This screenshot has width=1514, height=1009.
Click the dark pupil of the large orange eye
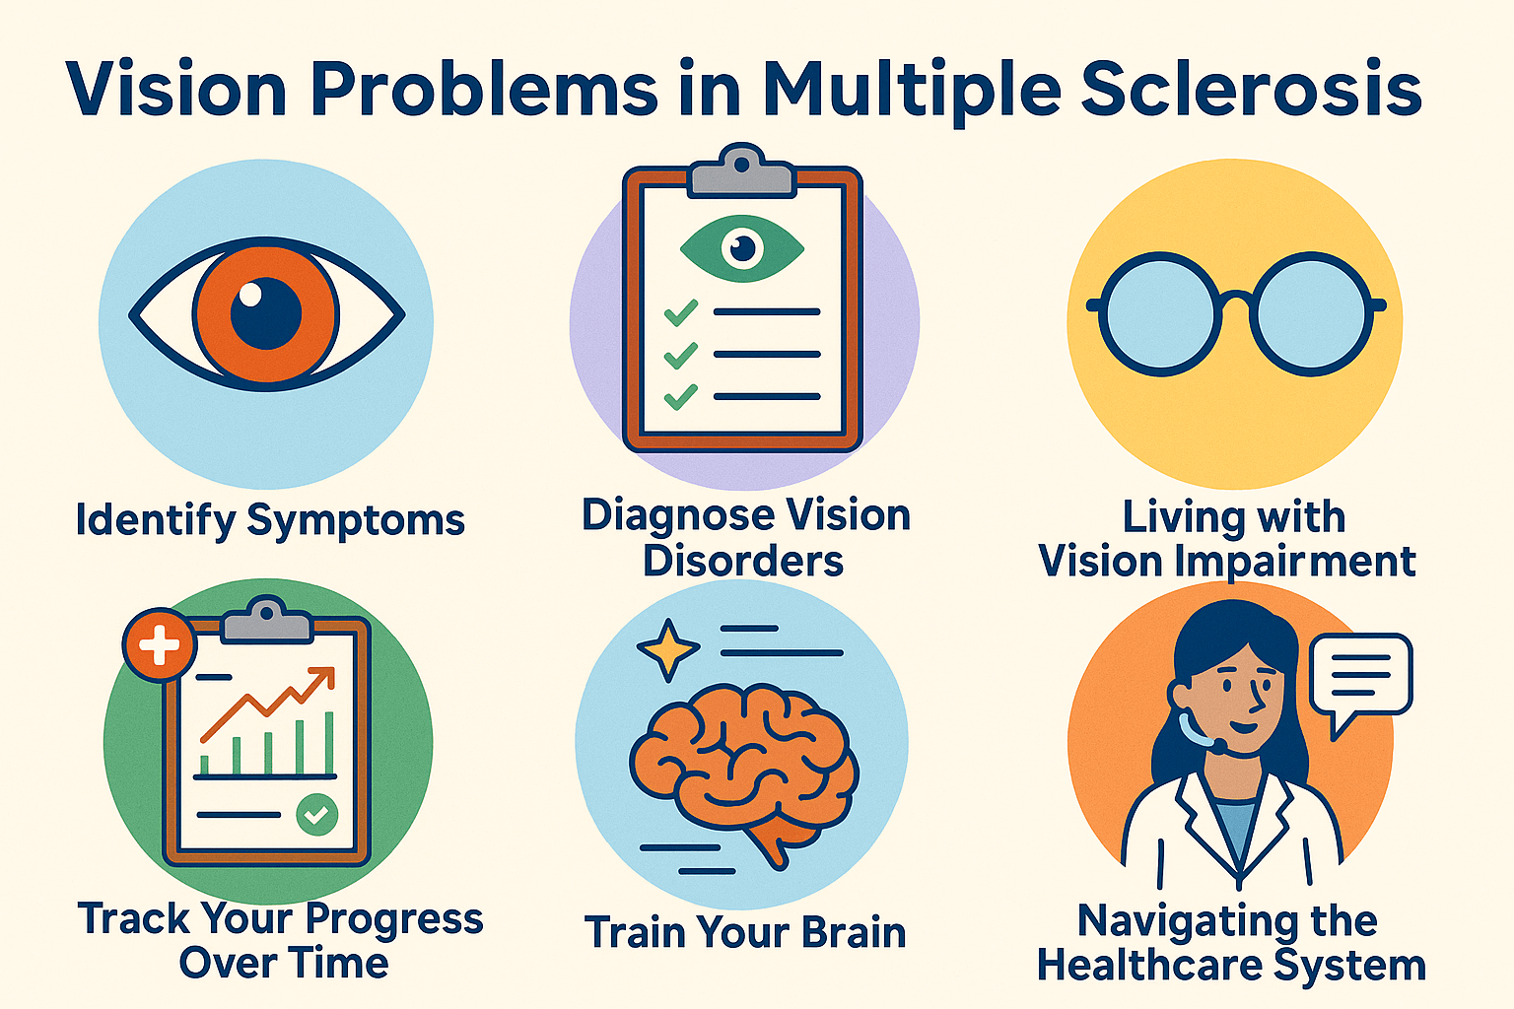265,313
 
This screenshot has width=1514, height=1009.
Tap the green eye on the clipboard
742,248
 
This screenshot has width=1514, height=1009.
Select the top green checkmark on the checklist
681,312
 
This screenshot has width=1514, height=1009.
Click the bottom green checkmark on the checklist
681,397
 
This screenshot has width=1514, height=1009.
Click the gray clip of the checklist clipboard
741,170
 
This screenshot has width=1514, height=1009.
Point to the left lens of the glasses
1161,313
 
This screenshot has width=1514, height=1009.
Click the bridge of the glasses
1237,299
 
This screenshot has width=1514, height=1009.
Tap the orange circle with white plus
160,644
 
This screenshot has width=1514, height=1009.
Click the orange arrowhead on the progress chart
323,677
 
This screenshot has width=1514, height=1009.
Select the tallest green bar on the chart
329,743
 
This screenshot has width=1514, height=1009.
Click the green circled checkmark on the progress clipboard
317,814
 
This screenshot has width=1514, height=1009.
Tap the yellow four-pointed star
667,649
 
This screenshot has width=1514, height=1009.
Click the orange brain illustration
743,770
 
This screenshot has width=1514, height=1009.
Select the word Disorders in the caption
743,561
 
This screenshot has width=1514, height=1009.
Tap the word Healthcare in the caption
1149,965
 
